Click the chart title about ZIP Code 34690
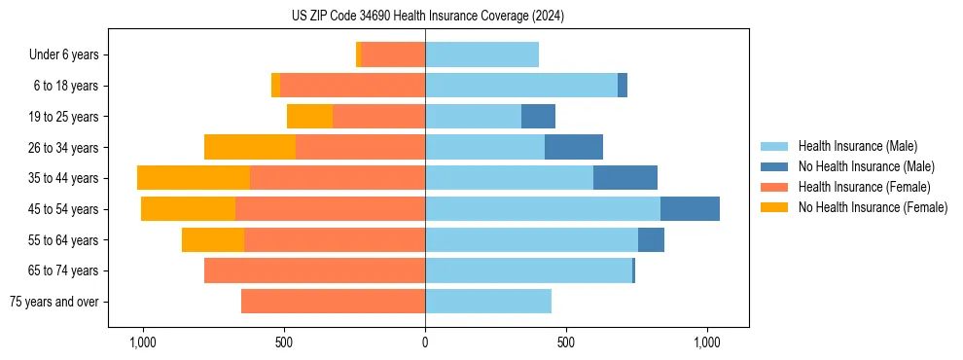click(x=427, y=17)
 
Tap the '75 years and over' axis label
click(x=53, y=302)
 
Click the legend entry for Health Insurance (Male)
click(x=857, y=146)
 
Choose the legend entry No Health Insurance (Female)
click(x=873, y=207)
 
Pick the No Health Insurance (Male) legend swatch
click(x=775, y=166)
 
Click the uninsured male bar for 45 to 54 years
click(x=690, y=209)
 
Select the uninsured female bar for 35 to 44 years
click(x=194, y=178)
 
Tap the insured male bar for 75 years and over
click(x=488, y=302)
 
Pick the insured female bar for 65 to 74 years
click(x=314, y=270)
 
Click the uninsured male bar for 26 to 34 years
click(x=574, y=147)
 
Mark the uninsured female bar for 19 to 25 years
click(x=309, y=117)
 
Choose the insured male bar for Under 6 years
click(x=481, y=55)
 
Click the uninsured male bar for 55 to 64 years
click(x=651, y=239)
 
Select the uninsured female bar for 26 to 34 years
click(x=250, y=147)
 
